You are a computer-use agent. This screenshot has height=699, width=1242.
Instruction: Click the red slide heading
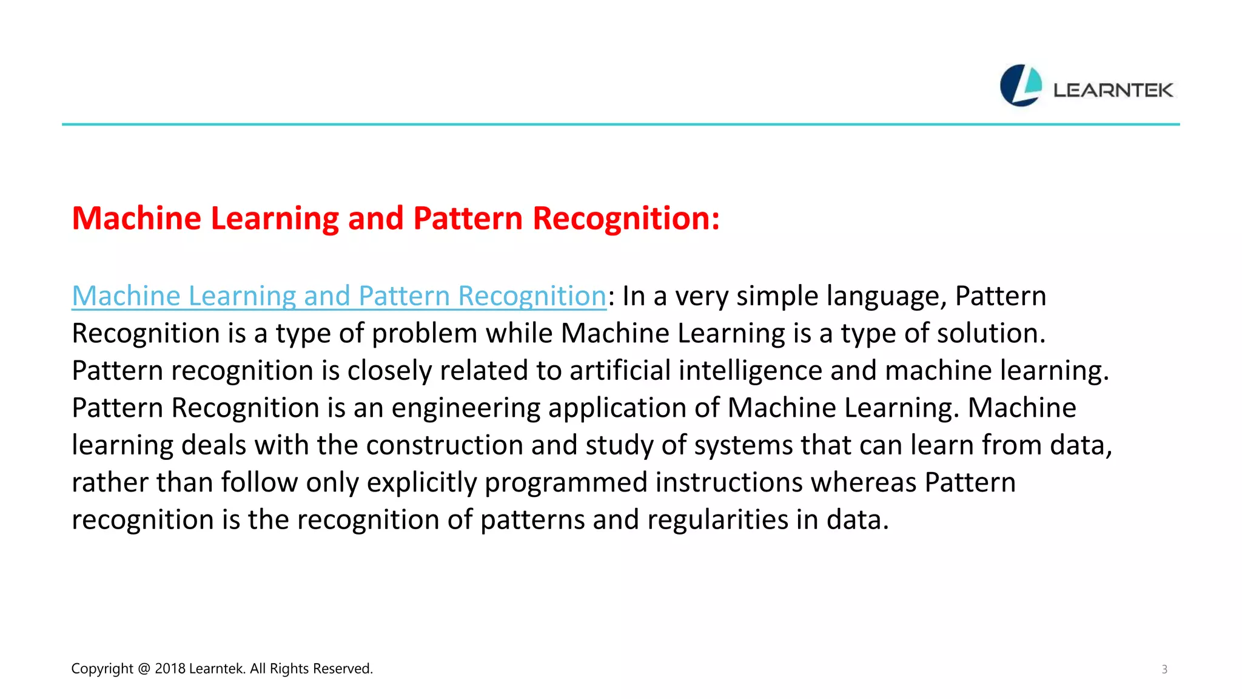coord(395,218)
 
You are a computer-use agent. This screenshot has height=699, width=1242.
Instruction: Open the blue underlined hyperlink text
coord(339,296)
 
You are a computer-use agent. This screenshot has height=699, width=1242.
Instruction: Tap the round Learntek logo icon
coord(1021,86)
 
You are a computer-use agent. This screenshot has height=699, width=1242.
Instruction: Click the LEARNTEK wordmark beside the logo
coord(1113,90)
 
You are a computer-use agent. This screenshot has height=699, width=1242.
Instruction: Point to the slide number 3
coord(1164,669)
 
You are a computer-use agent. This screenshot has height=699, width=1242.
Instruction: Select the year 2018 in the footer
coord(170,669)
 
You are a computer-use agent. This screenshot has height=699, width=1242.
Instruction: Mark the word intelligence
coord(750,371)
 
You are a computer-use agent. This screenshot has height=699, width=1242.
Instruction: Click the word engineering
coord(466,408)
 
